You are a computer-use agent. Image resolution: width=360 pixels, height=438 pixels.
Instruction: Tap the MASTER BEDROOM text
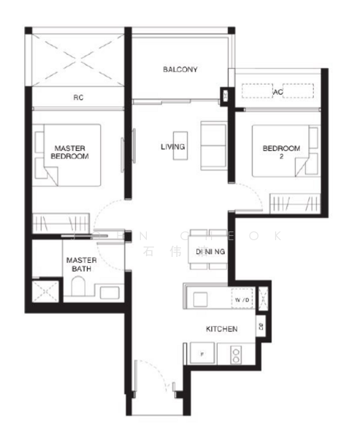pos(71,152)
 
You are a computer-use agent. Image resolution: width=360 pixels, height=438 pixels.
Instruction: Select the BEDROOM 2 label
pos(281,152)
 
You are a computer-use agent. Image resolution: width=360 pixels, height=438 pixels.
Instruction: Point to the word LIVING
pos(172,147)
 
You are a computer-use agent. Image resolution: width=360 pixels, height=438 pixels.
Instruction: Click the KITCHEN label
pos(221,329)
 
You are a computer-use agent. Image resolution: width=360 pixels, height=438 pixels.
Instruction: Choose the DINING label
pos(210,252)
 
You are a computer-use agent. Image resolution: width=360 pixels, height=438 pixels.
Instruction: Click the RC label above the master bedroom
pos(77,96)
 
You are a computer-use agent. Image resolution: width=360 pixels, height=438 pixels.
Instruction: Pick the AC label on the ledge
pos(277,93)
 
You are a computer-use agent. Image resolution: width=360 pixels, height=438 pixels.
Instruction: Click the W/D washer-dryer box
pos(241,299)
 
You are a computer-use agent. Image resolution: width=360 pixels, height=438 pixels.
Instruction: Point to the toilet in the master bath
pos(77,289)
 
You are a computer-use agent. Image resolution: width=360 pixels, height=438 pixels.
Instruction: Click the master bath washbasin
pos(110,293)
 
